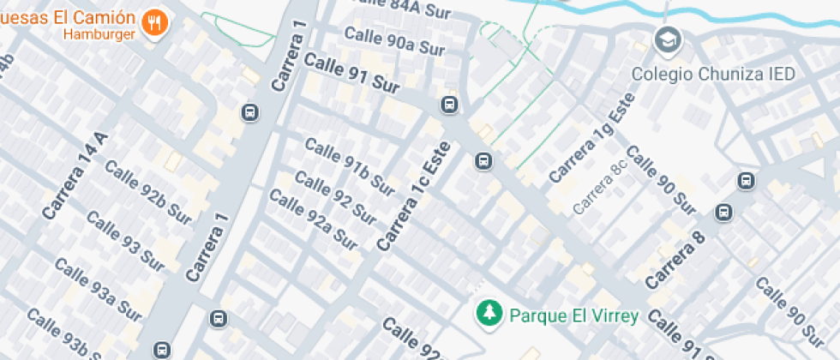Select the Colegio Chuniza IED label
(x=713, y=74)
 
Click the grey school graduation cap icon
(x=665, y=39)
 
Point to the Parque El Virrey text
(x=573, y=315)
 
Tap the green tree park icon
(x=489, y=313)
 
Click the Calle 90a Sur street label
(x=394, y=42)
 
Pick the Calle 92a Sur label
(x=313, y=219)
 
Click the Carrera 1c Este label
(x=414, y=195)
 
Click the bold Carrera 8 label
(x=675, y=260)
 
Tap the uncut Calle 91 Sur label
(x=352, y=72)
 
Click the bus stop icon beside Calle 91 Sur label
(x=447, y=105)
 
